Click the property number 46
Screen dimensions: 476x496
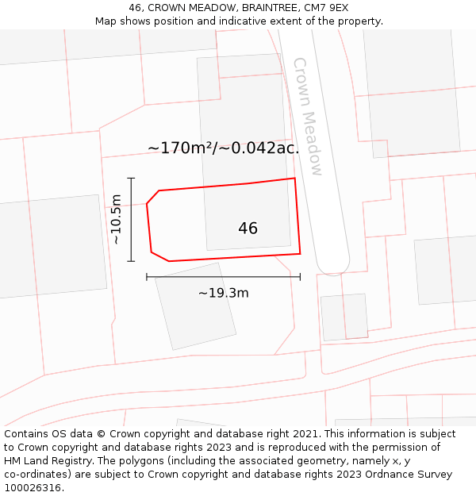point(248,229)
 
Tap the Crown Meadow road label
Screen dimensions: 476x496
point(308,116)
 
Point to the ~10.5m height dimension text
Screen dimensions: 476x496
point(116,219)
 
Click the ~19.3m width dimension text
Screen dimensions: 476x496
point(223,293)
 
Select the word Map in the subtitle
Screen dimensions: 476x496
point(107,21)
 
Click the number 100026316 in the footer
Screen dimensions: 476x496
point(32,488)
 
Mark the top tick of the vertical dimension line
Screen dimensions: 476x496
point(131,179)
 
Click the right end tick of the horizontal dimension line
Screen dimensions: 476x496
point(300,277)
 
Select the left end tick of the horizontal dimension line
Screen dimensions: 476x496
point(147,277)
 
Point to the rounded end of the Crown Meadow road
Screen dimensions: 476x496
point(333,265)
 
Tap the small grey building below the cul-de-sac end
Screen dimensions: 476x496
point(344,317)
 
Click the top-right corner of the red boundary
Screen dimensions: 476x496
point(295,178)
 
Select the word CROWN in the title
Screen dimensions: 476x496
point(171,8)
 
